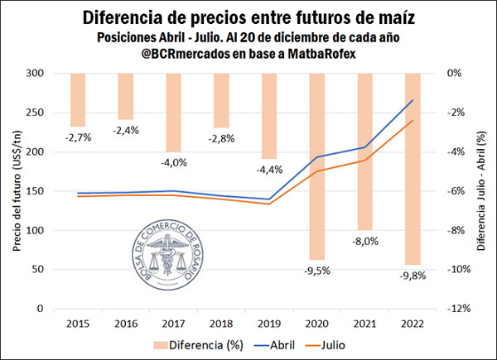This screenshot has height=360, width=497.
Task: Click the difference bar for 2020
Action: tap(318, 166)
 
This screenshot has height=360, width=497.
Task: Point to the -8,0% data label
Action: tap(366, 242)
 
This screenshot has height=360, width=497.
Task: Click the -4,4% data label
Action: tap(270, 170)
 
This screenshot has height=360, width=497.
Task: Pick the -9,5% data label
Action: tap(318, 271)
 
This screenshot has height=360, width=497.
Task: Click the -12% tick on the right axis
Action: tap(460, 309)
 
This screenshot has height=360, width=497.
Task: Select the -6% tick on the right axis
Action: tap(457, 190)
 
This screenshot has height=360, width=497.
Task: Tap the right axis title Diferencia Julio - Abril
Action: tap(482, 190)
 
